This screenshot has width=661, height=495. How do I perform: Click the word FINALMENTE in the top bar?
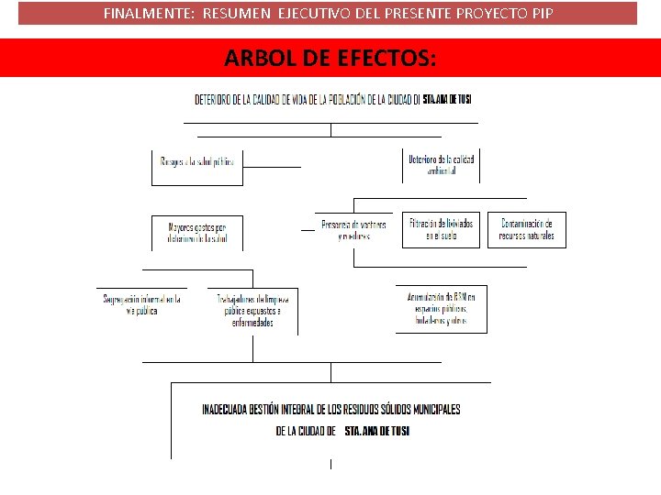click(140, 14)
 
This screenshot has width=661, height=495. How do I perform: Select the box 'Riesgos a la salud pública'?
click(197, 162)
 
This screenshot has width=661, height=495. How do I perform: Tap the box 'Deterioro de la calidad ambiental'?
click(442, 165)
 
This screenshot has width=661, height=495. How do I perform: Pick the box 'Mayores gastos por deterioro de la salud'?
click(197, 232)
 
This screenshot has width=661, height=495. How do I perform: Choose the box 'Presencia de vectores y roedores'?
click(353, 230)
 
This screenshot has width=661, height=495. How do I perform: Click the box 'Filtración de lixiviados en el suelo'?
click(442, 230)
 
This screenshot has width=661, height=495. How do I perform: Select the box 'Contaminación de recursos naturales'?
click(527, 230)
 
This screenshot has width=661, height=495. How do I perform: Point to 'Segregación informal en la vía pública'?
click(141, 304)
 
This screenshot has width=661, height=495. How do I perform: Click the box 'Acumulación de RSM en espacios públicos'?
click(442, 309)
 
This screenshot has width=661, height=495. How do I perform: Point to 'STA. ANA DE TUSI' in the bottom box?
click(376, 431)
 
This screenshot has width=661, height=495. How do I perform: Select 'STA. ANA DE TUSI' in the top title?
click(447, 99)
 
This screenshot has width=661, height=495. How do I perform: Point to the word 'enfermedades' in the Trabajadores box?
click(252, 323)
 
